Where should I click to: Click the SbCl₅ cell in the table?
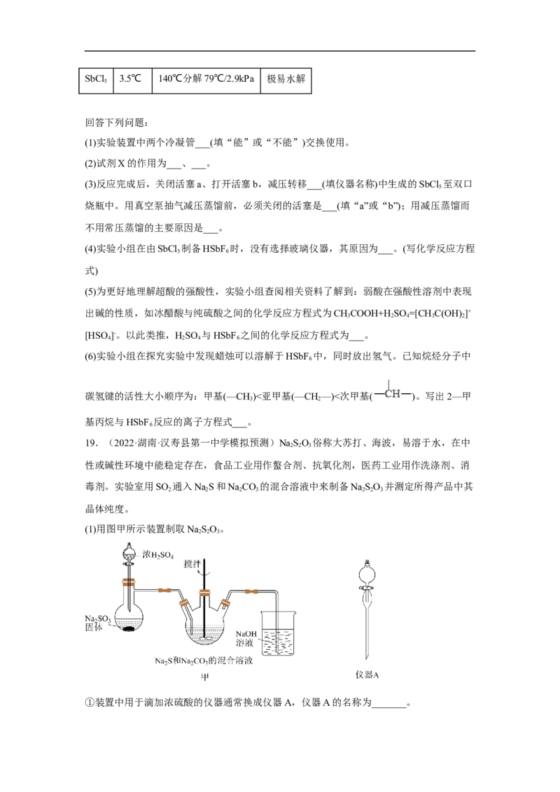[96, 79]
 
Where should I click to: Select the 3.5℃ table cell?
[132, 79]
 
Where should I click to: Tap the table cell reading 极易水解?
[286, 79]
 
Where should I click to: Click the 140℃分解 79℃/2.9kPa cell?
[206, 79]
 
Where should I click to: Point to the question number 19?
[91, 443]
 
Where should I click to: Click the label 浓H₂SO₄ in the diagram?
[157, 555]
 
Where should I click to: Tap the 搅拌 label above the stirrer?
[192, 564]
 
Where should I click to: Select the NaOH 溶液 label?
[246, 639]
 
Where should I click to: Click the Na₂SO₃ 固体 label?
[97, 623]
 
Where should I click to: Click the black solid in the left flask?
[129, 630]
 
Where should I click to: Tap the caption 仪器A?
[367, 674]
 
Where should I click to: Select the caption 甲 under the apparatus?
[204, 677]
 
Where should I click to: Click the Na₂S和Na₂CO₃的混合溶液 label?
[204, 660]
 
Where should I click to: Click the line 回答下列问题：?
[116, 122]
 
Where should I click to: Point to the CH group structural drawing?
[393, 393]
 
